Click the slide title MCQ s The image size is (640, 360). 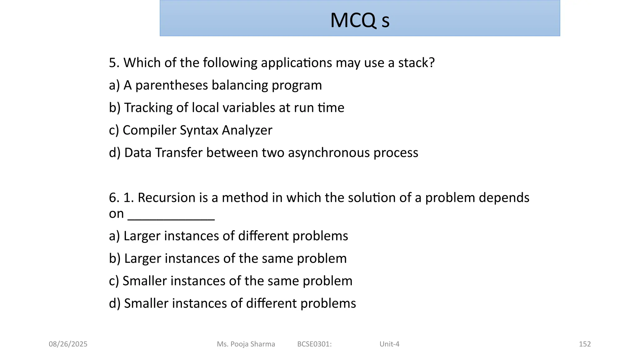(360, 20)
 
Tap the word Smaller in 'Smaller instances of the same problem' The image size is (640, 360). (145, 281)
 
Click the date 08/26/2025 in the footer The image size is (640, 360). (68, 344)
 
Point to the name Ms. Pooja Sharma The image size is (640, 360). (246, 344)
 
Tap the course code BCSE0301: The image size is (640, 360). (314, 344)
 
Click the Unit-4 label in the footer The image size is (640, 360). (389, 344)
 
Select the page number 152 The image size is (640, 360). (585, 344)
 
